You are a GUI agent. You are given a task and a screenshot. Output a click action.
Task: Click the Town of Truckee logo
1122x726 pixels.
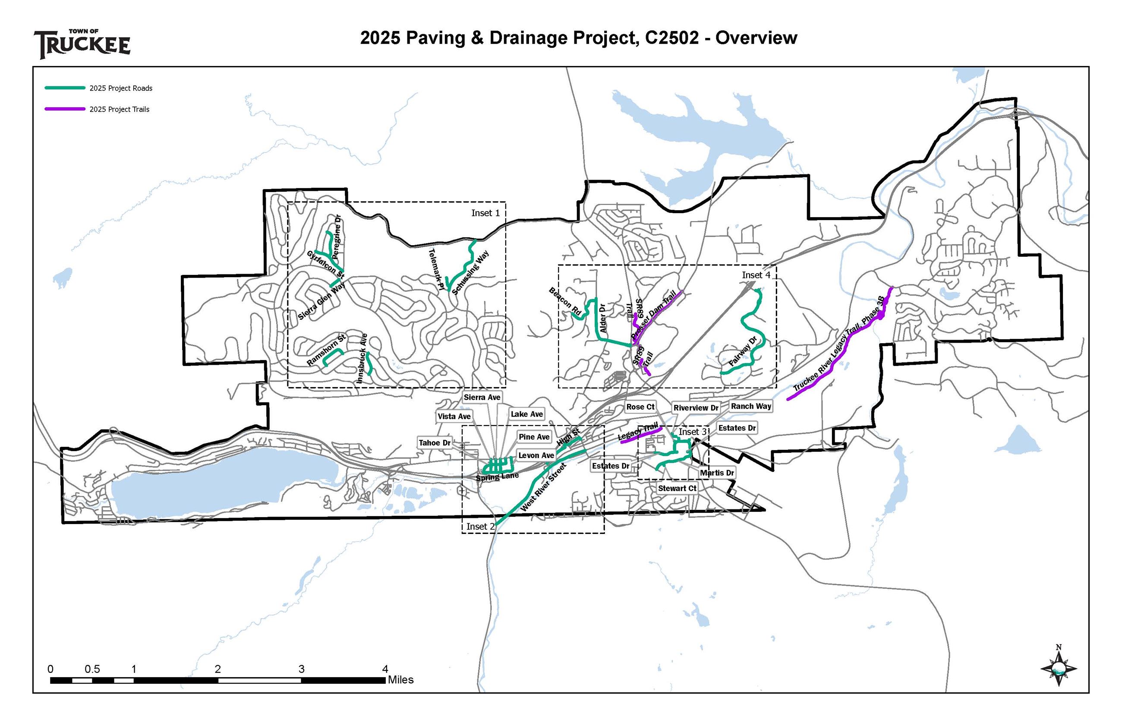(82, 44)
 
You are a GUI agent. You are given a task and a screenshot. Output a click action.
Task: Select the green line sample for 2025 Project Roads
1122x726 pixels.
(65, 88)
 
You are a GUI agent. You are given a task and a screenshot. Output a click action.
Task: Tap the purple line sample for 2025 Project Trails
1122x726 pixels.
(65, 109)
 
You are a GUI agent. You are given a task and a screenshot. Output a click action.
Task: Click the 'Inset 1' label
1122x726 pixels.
(485, 213)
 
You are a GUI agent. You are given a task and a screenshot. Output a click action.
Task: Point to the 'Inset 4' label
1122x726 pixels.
(755, 275)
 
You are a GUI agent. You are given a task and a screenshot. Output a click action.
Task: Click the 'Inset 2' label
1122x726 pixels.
(480, 526)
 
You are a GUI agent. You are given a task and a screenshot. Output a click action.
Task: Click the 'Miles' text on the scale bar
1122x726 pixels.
(400, 680)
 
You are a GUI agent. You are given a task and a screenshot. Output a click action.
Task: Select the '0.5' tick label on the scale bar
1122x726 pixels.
(92, 669)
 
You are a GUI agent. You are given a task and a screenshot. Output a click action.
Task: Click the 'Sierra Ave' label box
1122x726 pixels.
(482, 398)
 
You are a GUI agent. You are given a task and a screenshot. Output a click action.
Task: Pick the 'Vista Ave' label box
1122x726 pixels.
(454, 416)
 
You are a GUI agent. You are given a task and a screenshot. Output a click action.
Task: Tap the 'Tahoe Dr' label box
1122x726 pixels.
(435, 443)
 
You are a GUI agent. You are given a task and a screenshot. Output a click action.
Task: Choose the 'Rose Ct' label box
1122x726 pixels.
(640, 407)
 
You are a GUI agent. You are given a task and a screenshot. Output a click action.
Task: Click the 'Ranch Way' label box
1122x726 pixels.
(751, 406)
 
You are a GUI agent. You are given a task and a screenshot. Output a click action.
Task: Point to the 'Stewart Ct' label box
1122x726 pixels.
(677, 489)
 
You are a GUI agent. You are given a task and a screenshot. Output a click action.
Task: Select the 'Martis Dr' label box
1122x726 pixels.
(716, 473)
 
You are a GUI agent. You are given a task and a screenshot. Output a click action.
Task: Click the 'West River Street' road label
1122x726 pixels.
(543, 487)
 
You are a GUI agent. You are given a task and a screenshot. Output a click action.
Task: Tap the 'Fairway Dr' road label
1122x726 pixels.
(742, 351)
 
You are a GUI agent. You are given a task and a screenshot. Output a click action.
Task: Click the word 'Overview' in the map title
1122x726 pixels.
(756, 38)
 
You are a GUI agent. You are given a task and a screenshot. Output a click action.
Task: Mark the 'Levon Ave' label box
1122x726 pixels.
(536, 455)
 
